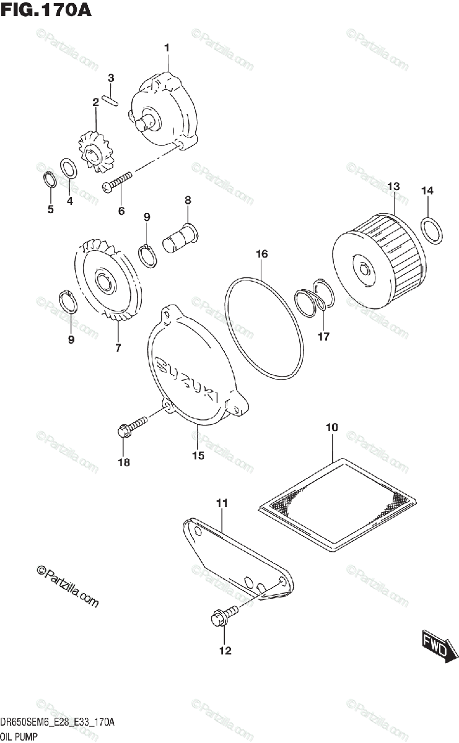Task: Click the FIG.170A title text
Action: [46, 11]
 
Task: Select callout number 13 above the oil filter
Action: [394, 186]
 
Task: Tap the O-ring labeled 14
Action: [432, 230]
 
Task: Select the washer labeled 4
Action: [68, 168]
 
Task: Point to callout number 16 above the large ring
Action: [261, 254]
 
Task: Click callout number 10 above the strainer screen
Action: [331, 427]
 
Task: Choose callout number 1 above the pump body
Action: [167, 48]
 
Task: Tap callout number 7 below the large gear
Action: [118, 348]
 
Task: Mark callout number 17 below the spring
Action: [323, 337]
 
